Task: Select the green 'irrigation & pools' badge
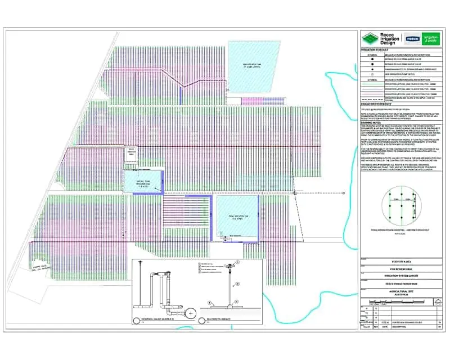pyautogui.click(x=430, y=39)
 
